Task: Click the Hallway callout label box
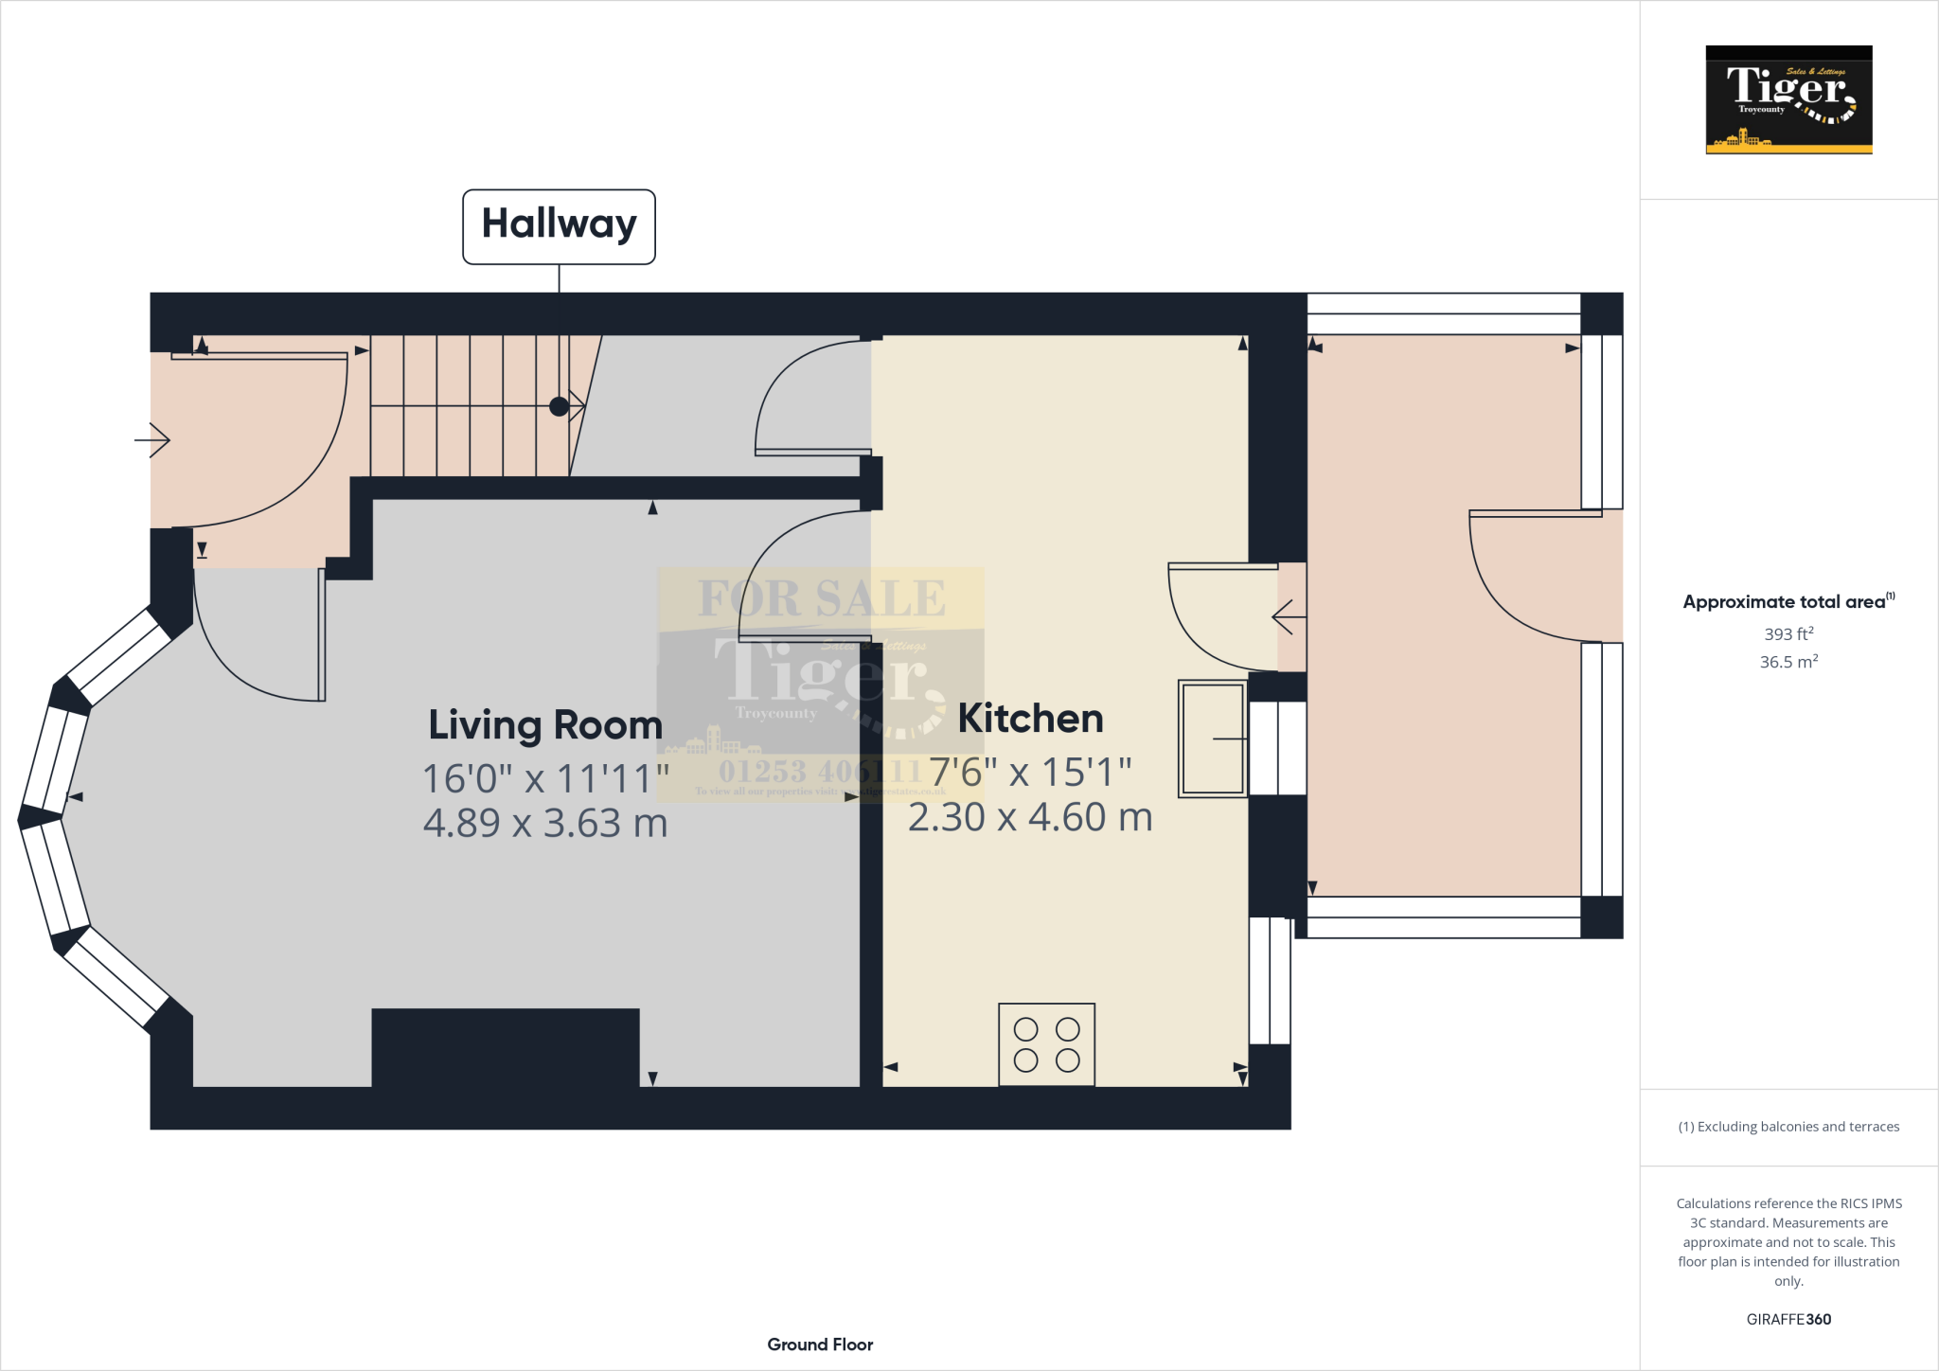(x=559, y=226)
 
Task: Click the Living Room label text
(x=545, y=725)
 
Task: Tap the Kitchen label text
(x=1030, y=719)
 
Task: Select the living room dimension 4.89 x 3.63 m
(x=545, y=823)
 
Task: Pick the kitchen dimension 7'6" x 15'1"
(x=1030, y=773)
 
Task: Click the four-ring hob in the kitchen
(x=1046, y=1044)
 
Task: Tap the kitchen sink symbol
(x=1212, y=739)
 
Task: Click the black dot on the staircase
(x=559, y=406)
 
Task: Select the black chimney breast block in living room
(x=505, y=1047)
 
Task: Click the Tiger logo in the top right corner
(x=1788, y=99)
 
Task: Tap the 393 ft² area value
(x=1788, y=633)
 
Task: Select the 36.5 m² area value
(x=1788, y=662)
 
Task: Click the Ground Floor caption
(x=820, y=1344)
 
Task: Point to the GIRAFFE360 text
(x=1788, y=1319)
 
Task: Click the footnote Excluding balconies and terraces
(x=1788, y=1127)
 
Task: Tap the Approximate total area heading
(x=1786, y=601)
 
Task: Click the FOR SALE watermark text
(x=821, y=598)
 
